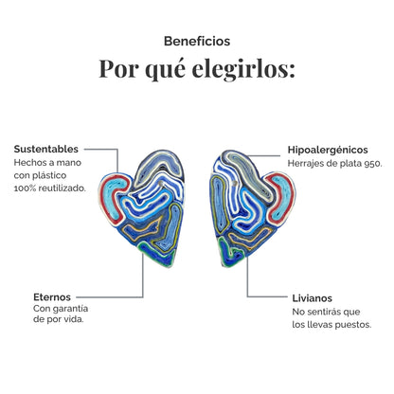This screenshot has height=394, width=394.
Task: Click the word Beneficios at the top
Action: click(x=197, y=41)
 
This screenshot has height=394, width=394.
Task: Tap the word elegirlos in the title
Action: click(x=243, y=69)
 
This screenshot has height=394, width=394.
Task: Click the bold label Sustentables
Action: click(x=46, y=149)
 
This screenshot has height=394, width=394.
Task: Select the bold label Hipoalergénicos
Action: click(x=328, y=150)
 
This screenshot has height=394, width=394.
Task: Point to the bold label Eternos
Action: click(x=52, y=297)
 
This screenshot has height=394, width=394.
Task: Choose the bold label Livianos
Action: click(x=312, y=298)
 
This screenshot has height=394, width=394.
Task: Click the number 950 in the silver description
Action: click(x=373, y=164)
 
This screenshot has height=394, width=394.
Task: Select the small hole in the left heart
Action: click(x=161, y=184)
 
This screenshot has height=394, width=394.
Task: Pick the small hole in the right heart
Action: click(x=234, y=184)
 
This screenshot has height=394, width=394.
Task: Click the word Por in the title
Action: click(x=118, y=69)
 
